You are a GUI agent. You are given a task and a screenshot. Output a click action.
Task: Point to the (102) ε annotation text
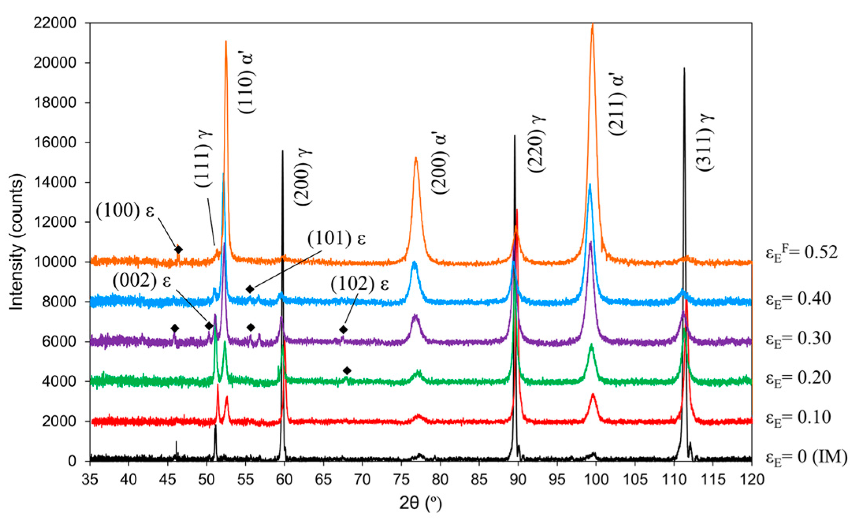pos(360,284)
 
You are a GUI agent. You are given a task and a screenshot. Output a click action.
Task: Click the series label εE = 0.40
pos(798,299)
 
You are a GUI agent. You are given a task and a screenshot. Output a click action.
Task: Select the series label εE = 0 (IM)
pos(806,457)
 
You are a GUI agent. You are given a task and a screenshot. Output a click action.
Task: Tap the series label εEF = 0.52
pos(801,252)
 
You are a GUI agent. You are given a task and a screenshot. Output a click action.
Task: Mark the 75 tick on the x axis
pos(401,479)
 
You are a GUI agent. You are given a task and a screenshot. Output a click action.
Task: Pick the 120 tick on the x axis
pos(751,479)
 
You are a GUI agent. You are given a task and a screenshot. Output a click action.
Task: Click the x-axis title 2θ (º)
pos(420,503)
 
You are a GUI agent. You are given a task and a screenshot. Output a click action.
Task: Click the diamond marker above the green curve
pos(347,371)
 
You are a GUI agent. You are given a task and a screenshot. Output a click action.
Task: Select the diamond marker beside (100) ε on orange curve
pos(178,249)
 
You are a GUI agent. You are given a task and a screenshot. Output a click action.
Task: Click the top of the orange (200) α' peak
pos(416,158)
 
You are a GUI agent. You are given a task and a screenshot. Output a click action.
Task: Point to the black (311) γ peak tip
pos(684,68)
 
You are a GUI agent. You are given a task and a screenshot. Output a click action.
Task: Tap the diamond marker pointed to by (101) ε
pos(249,289)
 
